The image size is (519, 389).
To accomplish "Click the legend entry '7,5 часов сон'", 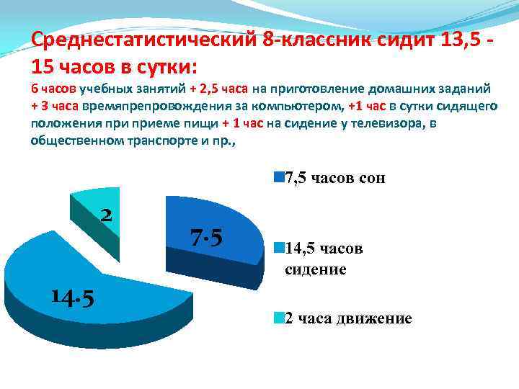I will point(330,178).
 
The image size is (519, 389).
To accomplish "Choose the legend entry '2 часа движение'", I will point(345,318).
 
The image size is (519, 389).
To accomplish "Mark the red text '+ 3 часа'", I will point(55,106).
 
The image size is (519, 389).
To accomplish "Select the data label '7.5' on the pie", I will point(206,237).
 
